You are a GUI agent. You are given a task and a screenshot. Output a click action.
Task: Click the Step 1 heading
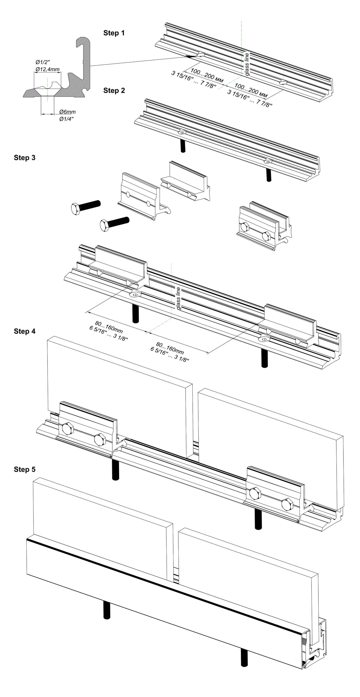[x=114, y=33]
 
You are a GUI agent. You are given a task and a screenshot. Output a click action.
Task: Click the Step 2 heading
[x=114, y=90]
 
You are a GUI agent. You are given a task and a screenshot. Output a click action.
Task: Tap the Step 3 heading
[x=25, y=158]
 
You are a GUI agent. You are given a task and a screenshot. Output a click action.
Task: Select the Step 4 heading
[x=25, y=331]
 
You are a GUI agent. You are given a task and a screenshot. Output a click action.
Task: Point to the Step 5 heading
[x=25, y=469]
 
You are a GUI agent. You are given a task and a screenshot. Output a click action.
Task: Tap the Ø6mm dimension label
[x=67, y=112]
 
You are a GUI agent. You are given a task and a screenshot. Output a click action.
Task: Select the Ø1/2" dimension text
[x=43, y=62]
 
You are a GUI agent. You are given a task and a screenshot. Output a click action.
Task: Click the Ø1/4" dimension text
[x=66, y=119]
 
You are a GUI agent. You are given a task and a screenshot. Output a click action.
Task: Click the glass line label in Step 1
[x=247, y=64]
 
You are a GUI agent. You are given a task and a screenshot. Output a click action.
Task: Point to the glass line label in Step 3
[x=178, y=299]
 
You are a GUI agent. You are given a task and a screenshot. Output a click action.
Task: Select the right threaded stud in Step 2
[x=268, y=175]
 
